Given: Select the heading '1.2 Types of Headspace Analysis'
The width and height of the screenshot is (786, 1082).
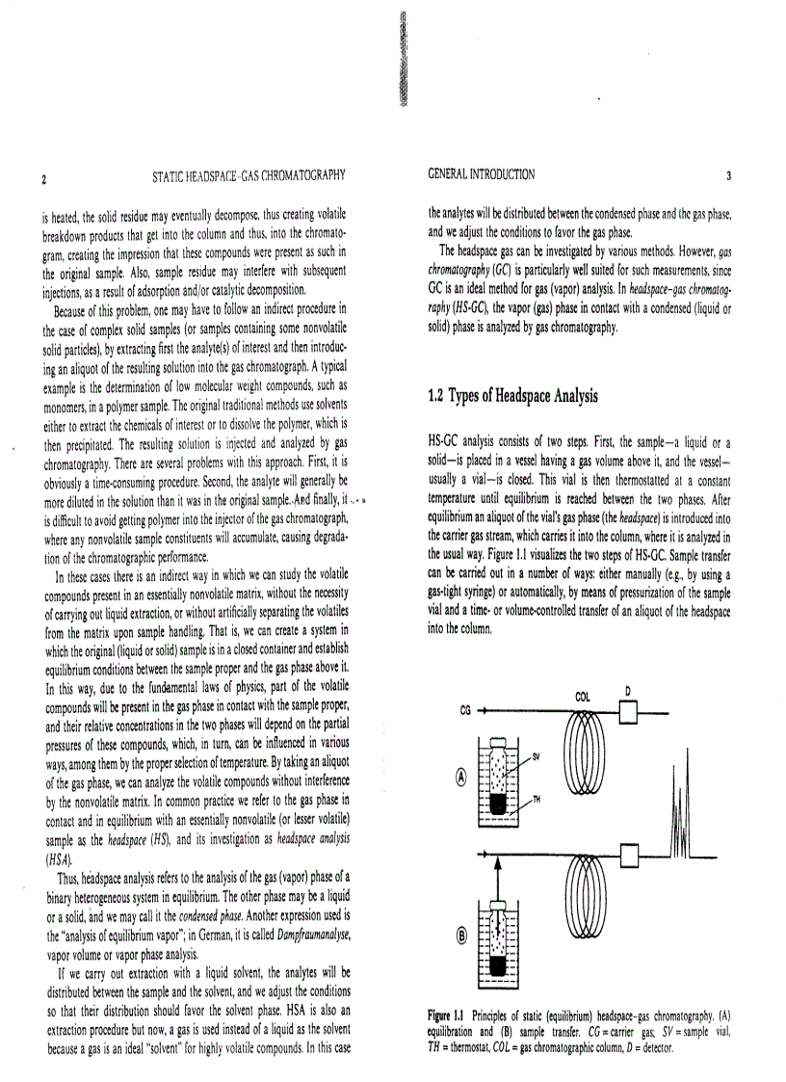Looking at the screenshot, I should [512, 396].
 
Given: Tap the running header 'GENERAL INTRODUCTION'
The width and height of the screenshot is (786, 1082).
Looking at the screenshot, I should [481, 174].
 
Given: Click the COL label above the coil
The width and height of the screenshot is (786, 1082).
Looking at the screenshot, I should [582, 695].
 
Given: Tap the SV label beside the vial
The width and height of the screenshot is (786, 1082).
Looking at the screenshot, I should [537, 757].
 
